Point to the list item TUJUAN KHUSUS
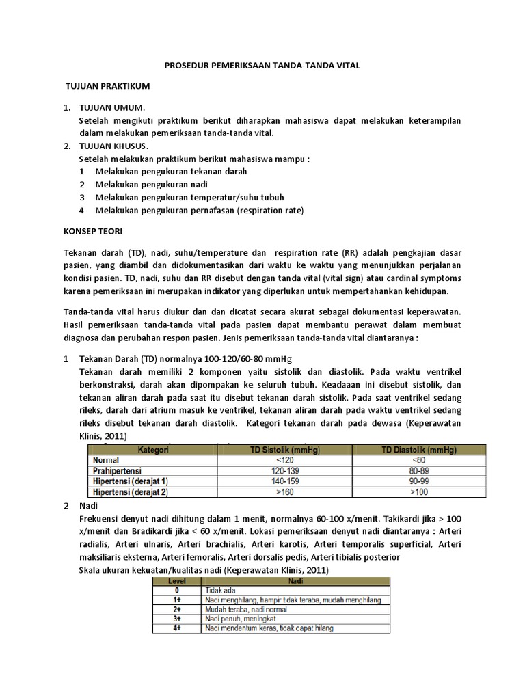pos(117,146)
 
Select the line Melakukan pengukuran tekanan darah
pos(171,172)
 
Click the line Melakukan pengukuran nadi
pos(151,185)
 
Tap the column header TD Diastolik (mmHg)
pos(419,450)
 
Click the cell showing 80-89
pos(419,471)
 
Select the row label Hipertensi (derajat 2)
pos(129,492)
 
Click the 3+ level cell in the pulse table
pos(176,618)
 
